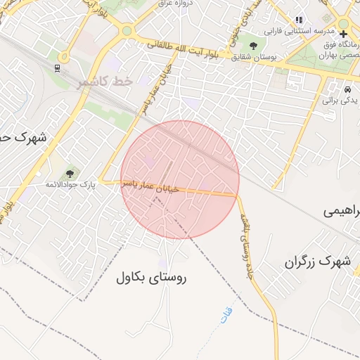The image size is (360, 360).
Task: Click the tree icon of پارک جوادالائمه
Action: [70, 172]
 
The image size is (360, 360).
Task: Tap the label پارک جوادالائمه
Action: [70, 184]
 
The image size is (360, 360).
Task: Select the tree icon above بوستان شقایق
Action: [252, 46]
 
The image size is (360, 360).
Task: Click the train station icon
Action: [56, 69]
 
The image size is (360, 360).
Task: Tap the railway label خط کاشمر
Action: [105, 82]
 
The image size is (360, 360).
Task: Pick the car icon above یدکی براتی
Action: [347, 89]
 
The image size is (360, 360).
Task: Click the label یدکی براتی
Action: [340, 101]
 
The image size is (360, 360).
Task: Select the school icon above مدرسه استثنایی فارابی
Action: [300, 20]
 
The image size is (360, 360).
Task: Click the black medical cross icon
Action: [343, 33]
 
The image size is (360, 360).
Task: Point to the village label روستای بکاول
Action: [152, 278]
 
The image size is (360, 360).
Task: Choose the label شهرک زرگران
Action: [317, 262]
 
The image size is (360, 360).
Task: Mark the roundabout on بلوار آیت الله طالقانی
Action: [127, 31]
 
